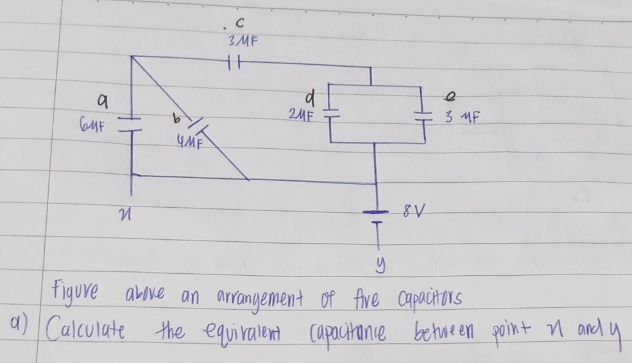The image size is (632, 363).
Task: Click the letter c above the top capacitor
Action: pyautogui.click(x=240, y=24)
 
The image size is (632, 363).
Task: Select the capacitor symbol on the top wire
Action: pyautogui.click(x=234, y=63)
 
